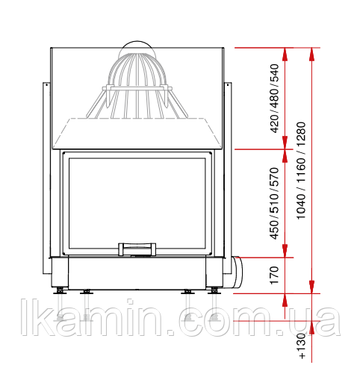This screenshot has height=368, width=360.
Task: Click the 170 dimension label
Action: click(274, 275)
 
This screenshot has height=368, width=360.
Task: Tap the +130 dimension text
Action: click(302, 346)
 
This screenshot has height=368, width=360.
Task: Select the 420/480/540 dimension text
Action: click(275, 99)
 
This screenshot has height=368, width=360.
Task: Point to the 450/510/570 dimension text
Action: click(274, 203)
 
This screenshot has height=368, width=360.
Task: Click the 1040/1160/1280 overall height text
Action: click(301, 170)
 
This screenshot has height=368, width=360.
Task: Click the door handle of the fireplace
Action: click(137, 249)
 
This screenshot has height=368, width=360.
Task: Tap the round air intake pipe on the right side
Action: click(237, 272)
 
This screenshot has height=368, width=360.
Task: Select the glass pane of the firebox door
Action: click(137, 203)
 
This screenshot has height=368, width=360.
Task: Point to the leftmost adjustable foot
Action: click(60, 291)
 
